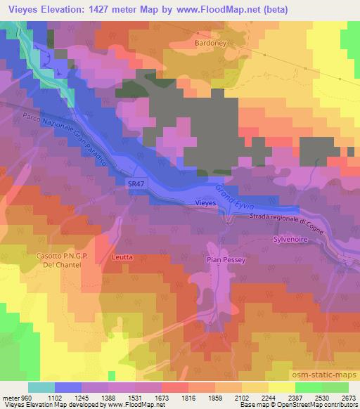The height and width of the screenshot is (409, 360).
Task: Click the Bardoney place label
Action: coord(210,42)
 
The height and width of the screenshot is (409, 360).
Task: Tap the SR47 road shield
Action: coord(136,182)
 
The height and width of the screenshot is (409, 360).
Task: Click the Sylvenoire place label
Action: coord(290,240)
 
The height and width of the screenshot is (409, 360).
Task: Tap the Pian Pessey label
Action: coord(225,259)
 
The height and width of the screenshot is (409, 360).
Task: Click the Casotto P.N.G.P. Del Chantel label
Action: coord(61,259)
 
